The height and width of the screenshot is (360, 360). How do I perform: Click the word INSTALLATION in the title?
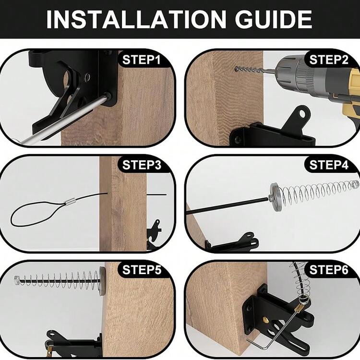136,19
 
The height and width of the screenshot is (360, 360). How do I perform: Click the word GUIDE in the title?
274,19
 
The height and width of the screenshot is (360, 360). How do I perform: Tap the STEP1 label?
142,60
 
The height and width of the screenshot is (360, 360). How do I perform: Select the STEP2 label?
329,60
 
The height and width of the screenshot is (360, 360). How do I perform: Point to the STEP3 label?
142,165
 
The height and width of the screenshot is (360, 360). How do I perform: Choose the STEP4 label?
329,165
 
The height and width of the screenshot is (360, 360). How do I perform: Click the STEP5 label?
142,270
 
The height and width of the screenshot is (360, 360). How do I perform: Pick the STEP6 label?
329,270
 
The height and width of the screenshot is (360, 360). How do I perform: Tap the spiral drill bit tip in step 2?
236,68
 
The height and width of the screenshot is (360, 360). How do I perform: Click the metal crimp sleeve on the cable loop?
70,202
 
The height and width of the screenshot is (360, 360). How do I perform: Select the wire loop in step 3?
35,213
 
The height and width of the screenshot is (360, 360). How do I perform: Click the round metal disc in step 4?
276,197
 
